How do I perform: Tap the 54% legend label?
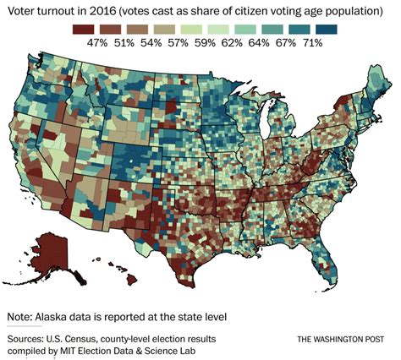(x=157, y=43)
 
